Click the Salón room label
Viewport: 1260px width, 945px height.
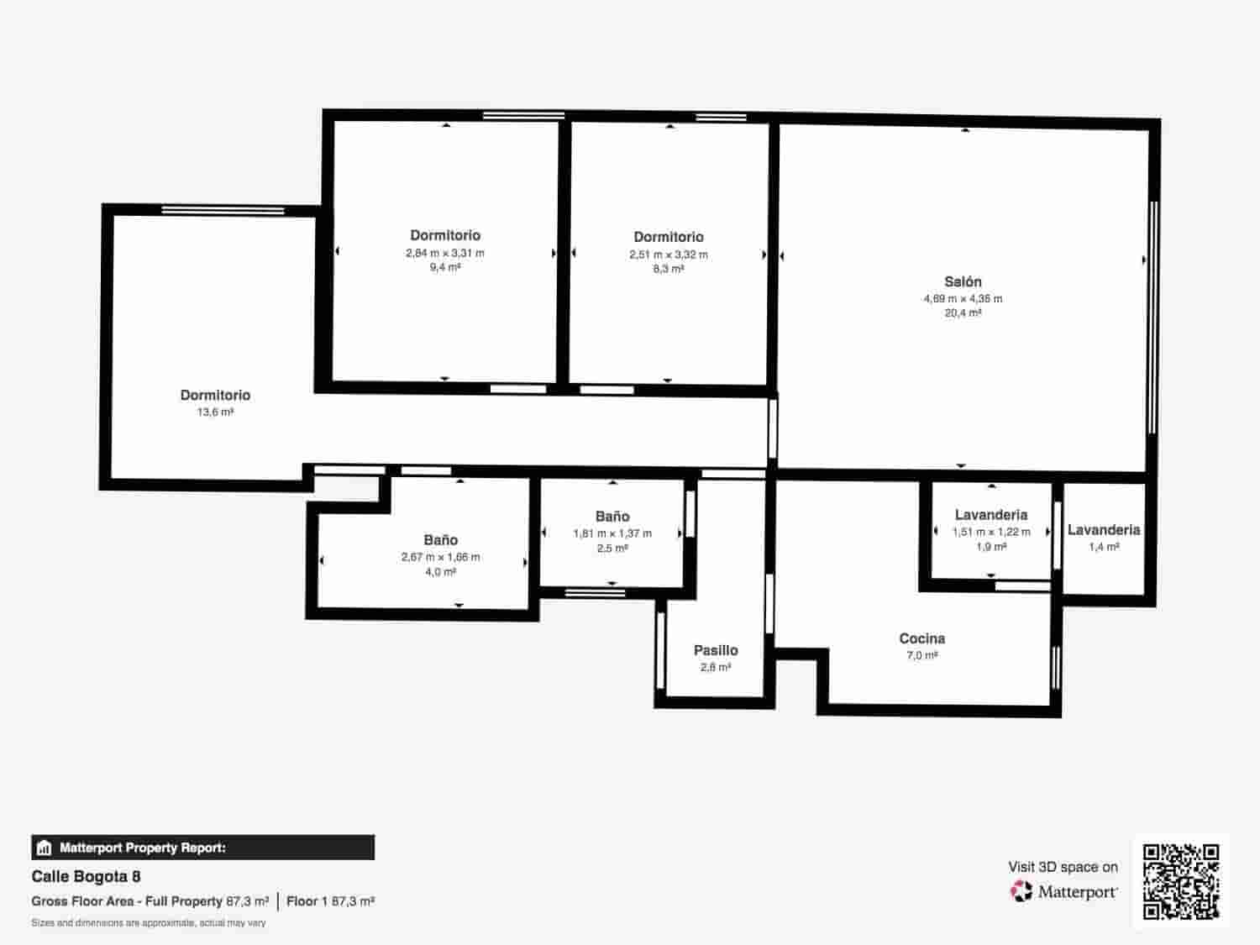[x=963, y=282]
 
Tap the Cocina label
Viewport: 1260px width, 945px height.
[x=921, y=638]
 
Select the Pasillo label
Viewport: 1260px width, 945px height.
[x=716, y=650]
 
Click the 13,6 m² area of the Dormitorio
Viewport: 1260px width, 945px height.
[x=215, y=412]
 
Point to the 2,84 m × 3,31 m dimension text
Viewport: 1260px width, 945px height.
[x=445, y=253]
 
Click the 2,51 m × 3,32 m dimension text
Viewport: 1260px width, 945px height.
[x=669, y=255]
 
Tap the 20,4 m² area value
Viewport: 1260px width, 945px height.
[x=963, y=313]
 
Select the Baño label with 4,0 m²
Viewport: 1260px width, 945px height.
[x=440, y=540]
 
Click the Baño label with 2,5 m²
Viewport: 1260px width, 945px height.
[x=612, y=517]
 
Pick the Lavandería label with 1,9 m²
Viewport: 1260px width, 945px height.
[x=991, y=515]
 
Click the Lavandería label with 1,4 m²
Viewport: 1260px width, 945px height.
[x=1104, y=530]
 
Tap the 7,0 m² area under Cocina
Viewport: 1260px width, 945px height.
[x=921, y=655]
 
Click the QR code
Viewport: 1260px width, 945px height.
[x=1181, y=881]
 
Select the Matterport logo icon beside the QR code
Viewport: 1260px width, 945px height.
[x=1021, y=891]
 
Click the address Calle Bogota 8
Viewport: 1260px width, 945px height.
[x=86, y=877]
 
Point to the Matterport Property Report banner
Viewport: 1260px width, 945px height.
[x=202, y=848]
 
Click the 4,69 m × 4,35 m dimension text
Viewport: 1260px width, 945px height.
[x=963, y=299]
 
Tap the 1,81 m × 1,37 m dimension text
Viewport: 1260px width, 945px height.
[x=612, y=533]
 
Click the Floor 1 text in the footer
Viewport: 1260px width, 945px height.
[x=307, y=901]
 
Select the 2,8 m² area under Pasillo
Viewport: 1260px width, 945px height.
[x=716, y=668]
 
